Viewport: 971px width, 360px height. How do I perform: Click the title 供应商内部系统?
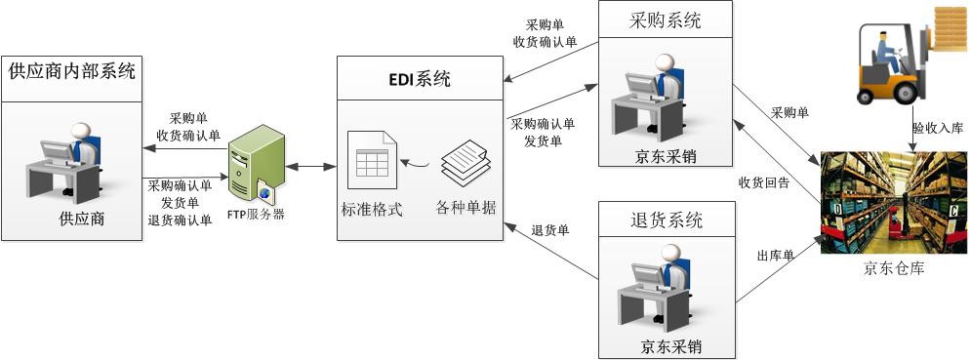coord(71,71)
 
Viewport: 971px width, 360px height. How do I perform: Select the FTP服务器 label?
coord(257,214)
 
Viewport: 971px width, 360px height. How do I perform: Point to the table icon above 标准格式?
coord(372,168)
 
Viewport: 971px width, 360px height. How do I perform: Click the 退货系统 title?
coord(665,220)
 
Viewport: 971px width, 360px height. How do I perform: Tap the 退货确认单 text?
coord(180,220)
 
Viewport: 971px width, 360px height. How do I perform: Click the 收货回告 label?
coord(763,181)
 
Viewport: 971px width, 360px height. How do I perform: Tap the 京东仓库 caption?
coord(893,269)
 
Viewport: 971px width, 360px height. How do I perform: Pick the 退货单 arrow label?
coord(550,231)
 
